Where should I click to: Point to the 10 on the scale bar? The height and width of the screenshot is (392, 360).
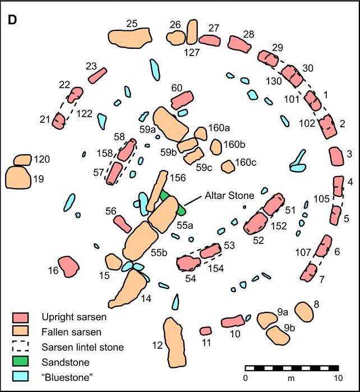pyautogui.click(x=336, y=377)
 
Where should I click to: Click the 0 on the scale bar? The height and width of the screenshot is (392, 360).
pyautogui.click(x=245, y=377)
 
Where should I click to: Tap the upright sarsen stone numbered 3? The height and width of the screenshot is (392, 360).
pyautogui.click(x=335, y=156)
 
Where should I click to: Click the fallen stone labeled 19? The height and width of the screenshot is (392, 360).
pyautogui.click(x=18, y=177)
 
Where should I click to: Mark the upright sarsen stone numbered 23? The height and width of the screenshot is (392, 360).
pyautogui.click(x=97, y=76)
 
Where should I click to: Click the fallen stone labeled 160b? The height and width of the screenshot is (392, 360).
pyautogui.click(x=216, y=147)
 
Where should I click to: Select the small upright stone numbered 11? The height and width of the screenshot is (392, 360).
pyautogui.click(x=206, y=331)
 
